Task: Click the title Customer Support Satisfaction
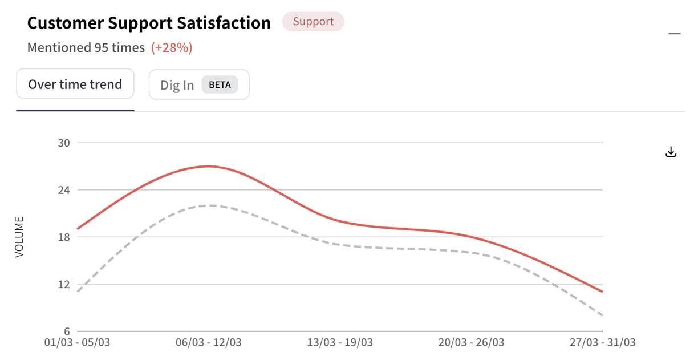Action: [x=149, y=23]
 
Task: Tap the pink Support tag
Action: [x=313, y=22]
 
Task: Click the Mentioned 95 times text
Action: [x=86, y=48]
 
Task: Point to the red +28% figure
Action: [x=172, y=48]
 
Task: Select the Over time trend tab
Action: [x=75, y=84]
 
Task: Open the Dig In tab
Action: [x=177, y=85]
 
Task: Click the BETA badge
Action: [x=220, y=85]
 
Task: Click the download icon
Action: [x=671, y=152]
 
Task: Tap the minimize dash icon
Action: [x=675, y=34]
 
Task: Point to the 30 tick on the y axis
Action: [x=64, y=143]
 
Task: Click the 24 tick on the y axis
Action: [x=64, y=190]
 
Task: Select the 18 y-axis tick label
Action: [x=64, y=237]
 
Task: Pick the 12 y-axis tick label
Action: [x=64, y=285]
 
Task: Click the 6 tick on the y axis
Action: [x=67, y=331]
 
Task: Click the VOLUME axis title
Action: [x=19, y=237]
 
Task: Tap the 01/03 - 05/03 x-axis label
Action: [x=78, y=343]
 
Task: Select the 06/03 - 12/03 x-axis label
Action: [x=209, y=343]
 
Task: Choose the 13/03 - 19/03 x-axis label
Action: [x=340, y=343]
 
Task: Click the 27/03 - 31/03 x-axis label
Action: [x=602, y=343]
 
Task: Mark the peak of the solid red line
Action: [x=209, y=166]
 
